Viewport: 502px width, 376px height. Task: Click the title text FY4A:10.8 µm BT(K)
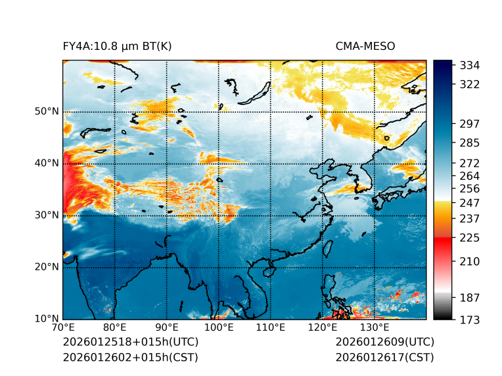pos(117,46)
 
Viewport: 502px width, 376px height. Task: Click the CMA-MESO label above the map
pos(365,46)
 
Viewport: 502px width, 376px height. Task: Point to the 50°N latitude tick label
pos(47,111)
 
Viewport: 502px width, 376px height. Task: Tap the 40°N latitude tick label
pos(47,163)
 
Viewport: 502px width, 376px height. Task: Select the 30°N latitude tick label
pos(47,215)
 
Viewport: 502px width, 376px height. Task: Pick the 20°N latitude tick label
pos(47,266)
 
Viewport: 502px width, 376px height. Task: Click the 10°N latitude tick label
pos(47,319)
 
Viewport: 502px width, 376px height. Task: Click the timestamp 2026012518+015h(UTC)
pos(130,343)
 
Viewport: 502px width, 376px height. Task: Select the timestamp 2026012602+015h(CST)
pos(130,357)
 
